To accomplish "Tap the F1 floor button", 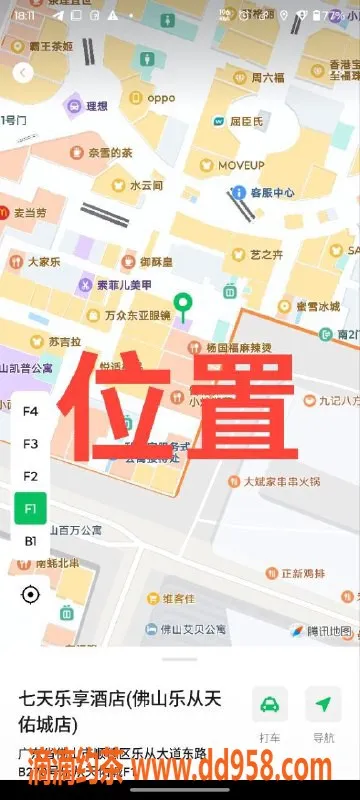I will pos(30,508).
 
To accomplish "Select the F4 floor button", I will pos(30,411).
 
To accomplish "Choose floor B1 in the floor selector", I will pos(30,541).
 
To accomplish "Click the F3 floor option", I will pos(30,443).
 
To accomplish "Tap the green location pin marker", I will pos(182,304).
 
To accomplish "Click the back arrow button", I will pos(23,72).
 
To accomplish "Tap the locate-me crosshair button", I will pos(30,595).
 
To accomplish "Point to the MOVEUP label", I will pos(240,164).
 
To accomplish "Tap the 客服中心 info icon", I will pos(239,192).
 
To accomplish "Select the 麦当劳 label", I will pos(29,213).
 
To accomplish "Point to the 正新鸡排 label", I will pos(303,573).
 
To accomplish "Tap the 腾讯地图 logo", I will pos(321,630).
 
